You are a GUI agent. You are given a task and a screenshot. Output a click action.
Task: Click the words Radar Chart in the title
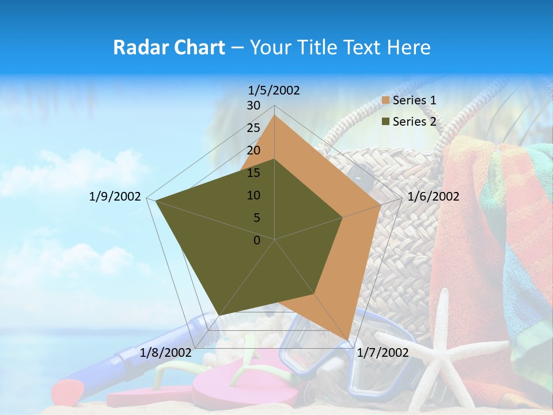pyautogui.click(x=169, y=47)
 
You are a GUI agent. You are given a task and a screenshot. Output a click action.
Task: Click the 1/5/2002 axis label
pyautogui.click(x=274, y=90)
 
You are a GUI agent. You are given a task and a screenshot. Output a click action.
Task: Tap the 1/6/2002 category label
pyautogui.click(x=433, y=197)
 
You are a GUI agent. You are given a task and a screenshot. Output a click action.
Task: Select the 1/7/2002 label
pyautogui.click(x=382, y=352)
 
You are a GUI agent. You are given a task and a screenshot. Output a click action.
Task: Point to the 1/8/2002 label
pyautogui.click(x=166, y=352)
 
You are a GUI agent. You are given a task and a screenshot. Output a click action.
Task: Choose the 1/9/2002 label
pyautogui.click(x=115, y=197)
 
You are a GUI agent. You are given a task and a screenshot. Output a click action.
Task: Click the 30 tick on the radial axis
pyautogui.click(x=253, y=105)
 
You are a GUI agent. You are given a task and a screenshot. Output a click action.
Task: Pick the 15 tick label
pyautogui.click(x=253, y=173)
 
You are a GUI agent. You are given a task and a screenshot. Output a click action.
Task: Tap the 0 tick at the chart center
pyautogui.click(x=257, y=240)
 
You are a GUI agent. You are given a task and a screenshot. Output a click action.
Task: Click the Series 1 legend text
pyautogui.click(x=414, y=100)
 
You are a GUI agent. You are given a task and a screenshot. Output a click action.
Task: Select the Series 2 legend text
pyautogui.click(x=414, y=122)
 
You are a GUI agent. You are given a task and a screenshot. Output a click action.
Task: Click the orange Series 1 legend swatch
pyautogui.click(x=386, y=100)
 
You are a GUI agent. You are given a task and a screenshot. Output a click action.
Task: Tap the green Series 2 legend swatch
pyautogui.click(x=386, y=122)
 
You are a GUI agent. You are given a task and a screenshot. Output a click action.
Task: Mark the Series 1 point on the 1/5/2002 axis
pyautogui.click(x=275, y=115)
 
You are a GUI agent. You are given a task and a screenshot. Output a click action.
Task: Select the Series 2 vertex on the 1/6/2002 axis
pyautogui.click(x=343, y=217)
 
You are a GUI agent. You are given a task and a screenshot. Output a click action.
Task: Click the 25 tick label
pyautogui.click(x=253, y=128)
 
